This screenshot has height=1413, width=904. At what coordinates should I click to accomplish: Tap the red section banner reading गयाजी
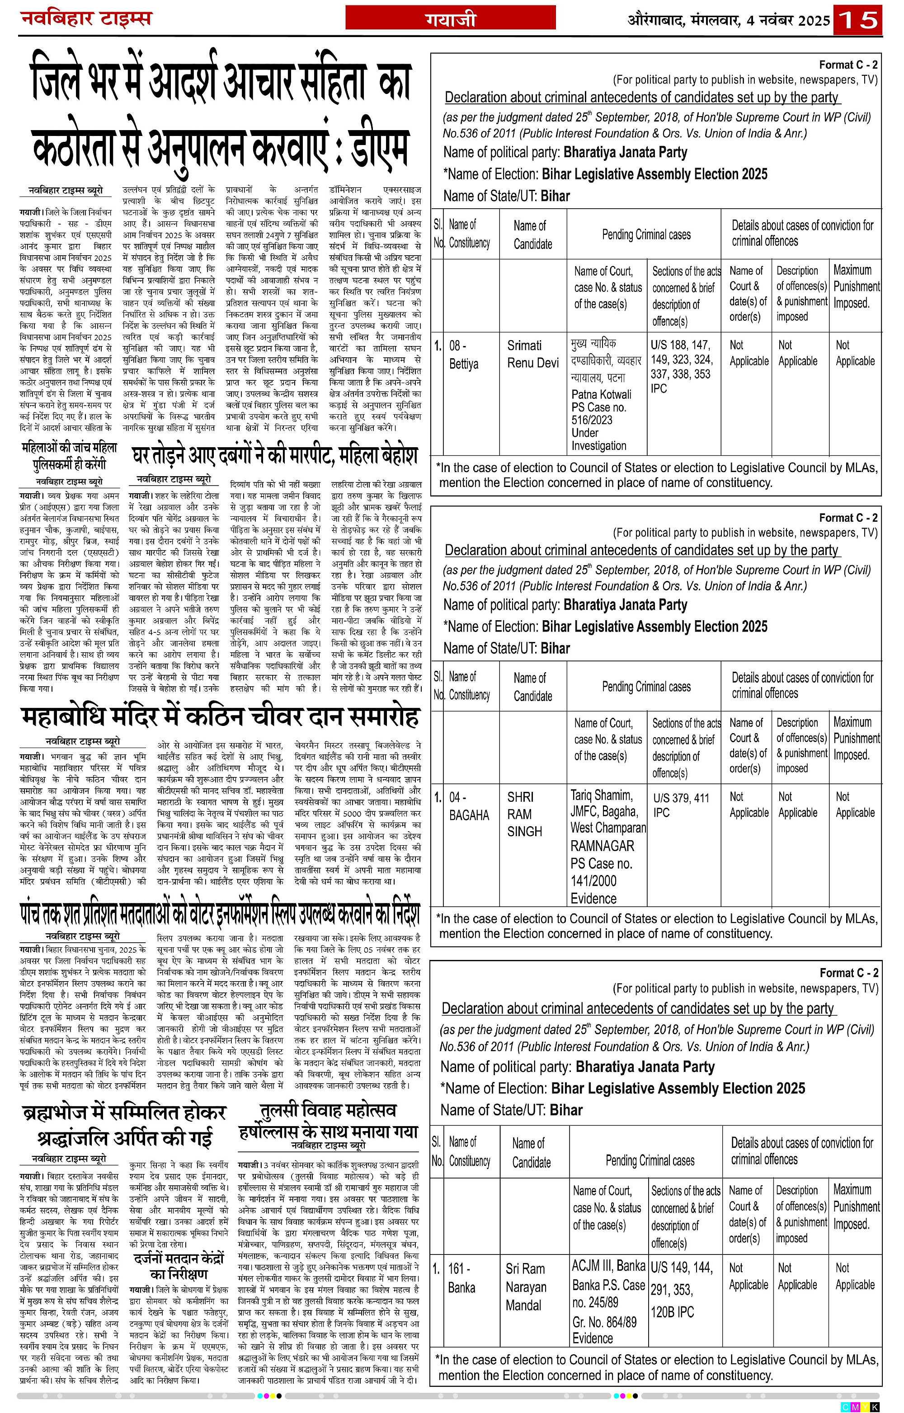coord(450,19)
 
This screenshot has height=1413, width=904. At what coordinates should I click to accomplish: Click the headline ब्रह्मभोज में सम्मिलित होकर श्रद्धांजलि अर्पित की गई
coord(124,1125)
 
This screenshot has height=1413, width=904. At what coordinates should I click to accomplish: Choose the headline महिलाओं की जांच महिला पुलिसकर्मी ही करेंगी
coord(69,456)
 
